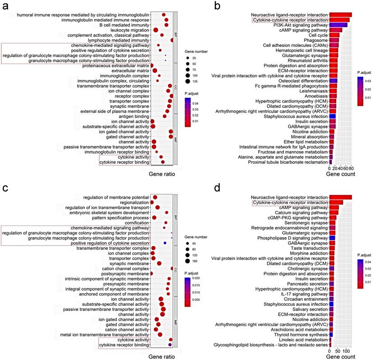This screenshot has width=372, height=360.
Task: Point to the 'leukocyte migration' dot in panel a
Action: tap(156, 30)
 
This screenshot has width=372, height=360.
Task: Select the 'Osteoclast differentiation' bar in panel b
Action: tap(333, 81)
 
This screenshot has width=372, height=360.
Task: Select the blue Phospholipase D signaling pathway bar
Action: tap(332, 238)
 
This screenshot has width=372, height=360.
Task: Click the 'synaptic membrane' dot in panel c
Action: tap(159, 263)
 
